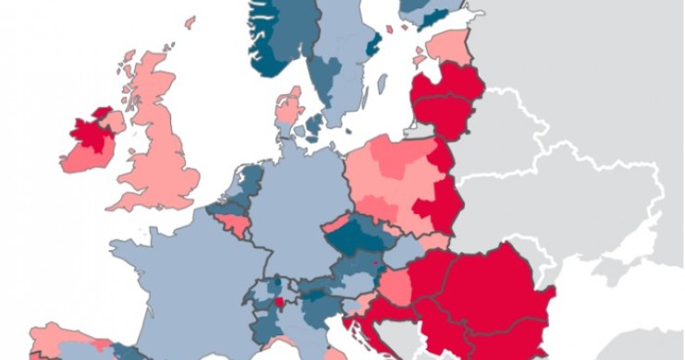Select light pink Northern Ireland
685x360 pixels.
(113, 121)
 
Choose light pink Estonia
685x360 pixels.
(449, 45)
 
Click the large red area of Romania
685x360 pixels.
(500, 287)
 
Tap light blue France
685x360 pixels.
(185, 278)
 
